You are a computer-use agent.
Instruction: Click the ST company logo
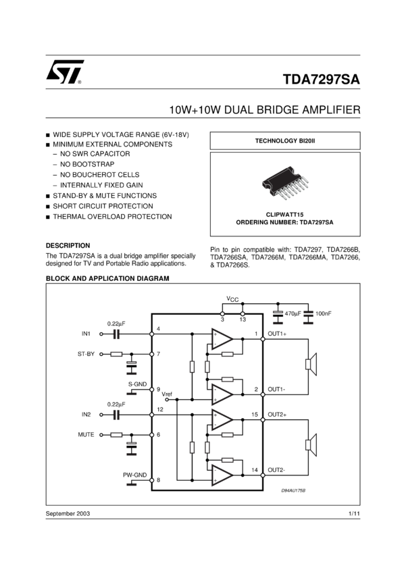[65, 72]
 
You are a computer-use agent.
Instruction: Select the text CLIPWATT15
[284, 214]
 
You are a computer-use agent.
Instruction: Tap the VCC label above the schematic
[232, 298]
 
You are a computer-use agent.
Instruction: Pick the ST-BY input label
[86, 354]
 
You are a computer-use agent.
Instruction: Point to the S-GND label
[137, 384]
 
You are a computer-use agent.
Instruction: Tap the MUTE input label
[86, 435]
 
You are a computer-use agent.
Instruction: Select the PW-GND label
[134, 475]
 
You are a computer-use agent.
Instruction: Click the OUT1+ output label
[278, 333]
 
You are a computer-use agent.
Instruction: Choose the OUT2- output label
[277, 470]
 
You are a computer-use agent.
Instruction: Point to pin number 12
[159, 409]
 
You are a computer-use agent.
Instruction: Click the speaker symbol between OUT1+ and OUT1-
[311, 364]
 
